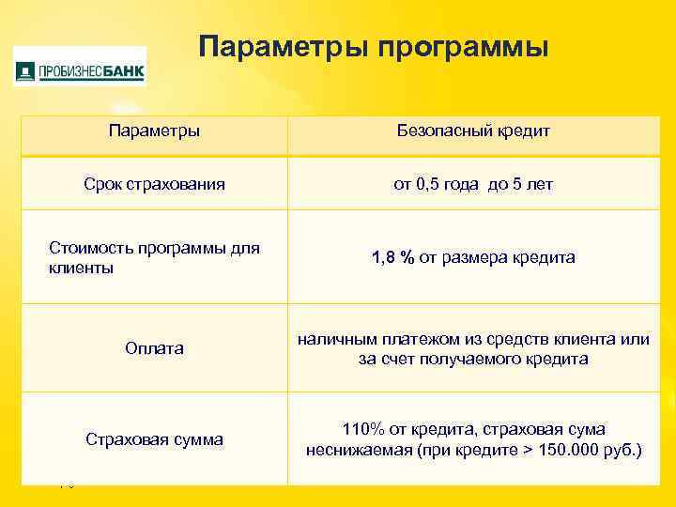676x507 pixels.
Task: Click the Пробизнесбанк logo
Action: coord(80,68)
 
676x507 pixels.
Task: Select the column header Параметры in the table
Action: coord(154,131)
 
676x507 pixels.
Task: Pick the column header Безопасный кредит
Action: coord(473,131)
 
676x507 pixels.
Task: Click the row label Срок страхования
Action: coord(154,184)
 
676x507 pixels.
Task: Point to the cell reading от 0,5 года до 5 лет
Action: coord(473,184)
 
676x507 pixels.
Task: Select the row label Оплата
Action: coord(154,348)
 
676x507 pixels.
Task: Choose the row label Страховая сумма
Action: coord(154,438)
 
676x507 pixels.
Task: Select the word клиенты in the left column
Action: coord(81,269)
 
